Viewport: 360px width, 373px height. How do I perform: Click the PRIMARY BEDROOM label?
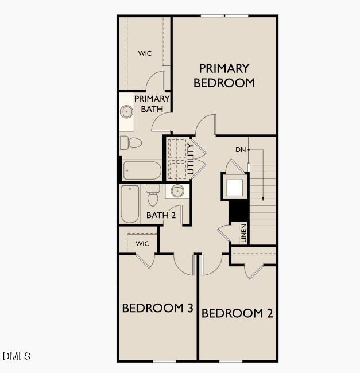pyautogui.click(x=224, y=76)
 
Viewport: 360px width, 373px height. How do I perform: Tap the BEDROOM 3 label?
pyautogui.click(x=157, y=308)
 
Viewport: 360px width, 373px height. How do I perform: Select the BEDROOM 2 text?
pyautogui.click(x=237, y=313)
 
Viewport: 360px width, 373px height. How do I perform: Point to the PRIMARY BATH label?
pyautogui.click(x=152, y=104)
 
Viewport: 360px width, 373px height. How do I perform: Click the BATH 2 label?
pyautogui.click(x=161, y=215)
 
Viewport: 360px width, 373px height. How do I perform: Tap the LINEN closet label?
pyautogui.click(x=243, y=232)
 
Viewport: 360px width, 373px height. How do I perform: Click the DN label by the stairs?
pyautogui.click(x=240, y=150)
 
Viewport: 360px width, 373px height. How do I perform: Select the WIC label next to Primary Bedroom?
pyautogui.click(x=145, y=53)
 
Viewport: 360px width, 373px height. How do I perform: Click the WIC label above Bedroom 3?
pyautogui.click(x=142, y=243)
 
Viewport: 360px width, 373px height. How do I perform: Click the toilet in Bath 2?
pyautogui.click(x=153, y=196)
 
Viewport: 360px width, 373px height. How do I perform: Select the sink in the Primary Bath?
pyautogui.click(x=127, y=111)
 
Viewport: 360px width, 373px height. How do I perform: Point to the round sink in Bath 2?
pyautogui.click(x=177, y=191)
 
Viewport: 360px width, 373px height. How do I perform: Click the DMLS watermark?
pyautogui.click(x=17, y=356)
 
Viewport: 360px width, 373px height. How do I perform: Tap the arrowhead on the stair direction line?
pyautogui.click(x=263, y=199)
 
